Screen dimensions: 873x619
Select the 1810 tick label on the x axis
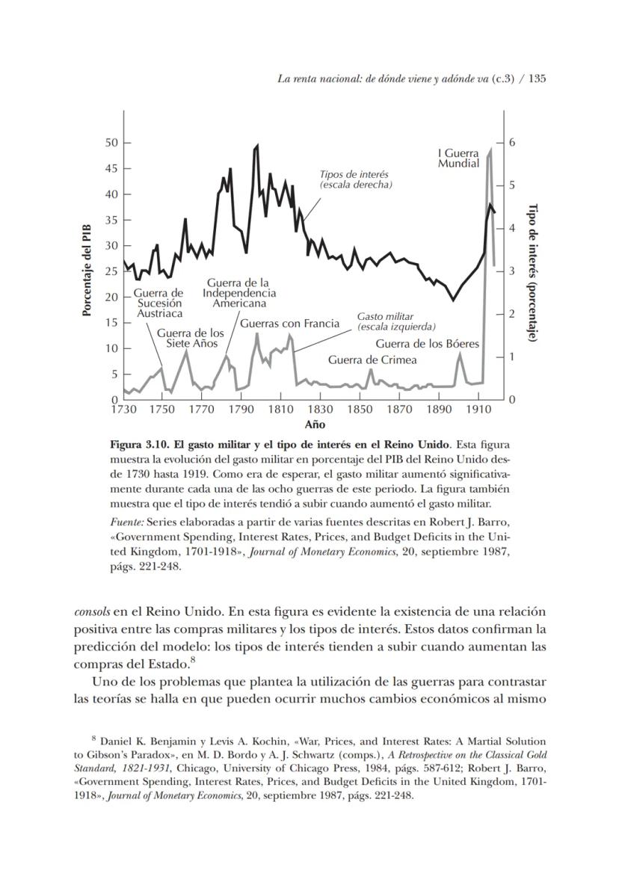[280, 410]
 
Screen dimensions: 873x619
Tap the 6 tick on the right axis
[512, 142]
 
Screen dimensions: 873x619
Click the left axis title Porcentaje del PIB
[87, 269]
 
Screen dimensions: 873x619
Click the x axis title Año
[314, 425]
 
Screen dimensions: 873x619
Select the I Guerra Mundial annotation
[458, 158]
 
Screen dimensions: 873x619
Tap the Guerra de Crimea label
[372, 360]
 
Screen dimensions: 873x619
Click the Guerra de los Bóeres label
[427, 344]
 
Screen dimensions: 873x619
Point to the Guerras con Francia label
[289, 324]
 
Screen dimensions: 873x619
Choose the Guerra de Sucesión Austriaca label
[158, 303]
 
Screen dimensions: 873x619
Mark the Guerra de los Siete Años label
[190, 338]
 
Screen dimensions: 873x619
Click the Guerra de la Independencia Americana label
[238, 293]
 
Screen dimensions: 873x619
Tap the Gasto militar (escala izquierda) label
[395, 321]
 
